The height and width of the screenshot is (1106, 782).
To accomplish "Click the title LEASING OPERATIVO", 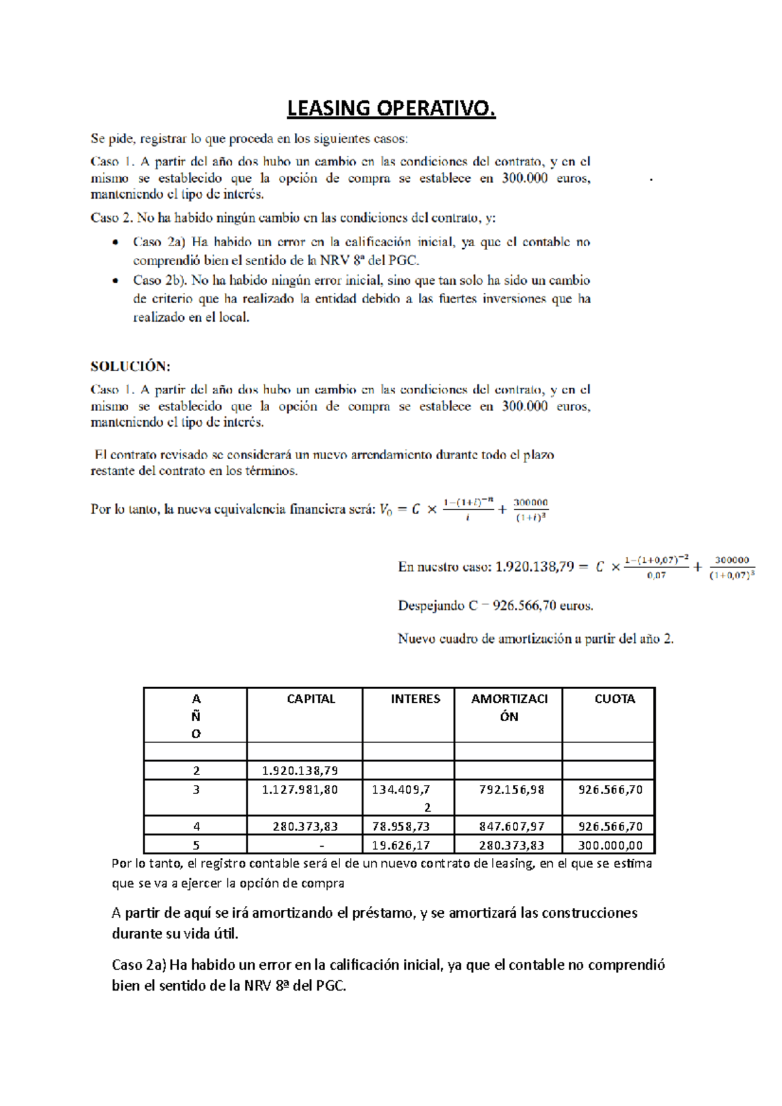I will click(391, 108).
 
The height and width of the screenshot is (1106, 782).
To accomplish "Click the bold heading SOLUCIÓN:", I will click(130, 366).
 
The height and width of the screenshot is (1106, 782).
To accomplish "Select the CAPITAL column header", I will click(311, 699).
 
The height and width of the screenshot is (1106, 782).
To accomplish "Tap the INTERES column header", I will click(415, 699).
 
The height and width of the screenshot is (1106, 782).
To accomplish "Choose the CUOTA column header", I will click(615, 699).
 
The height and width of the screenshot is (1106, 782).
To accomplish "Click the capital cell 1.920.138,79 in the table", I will click(300, 771).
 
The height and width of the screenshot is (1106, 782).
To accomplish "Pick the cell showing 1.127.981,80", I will click(300, 789).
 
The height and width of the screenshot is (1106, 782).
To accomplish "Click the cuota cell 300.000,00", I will click(611, 845).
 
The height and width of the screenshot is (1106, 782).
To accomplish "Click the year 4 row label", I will click(196, 827).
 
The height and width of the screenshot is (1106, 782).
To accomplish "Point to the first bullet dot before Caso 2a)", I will click(115, 242).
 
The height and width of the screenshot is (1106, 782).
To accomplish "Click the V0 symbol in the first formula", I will click(386, 509).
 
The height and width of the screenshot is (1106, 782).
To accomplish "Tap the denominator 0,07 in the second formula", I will click(656, 576).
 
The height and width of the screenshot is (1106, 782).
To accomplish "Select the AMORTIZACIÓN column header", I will click(509, 707).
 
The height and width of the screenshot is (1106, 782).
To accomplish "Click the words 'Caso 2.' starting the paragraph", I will click(111, 218).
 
